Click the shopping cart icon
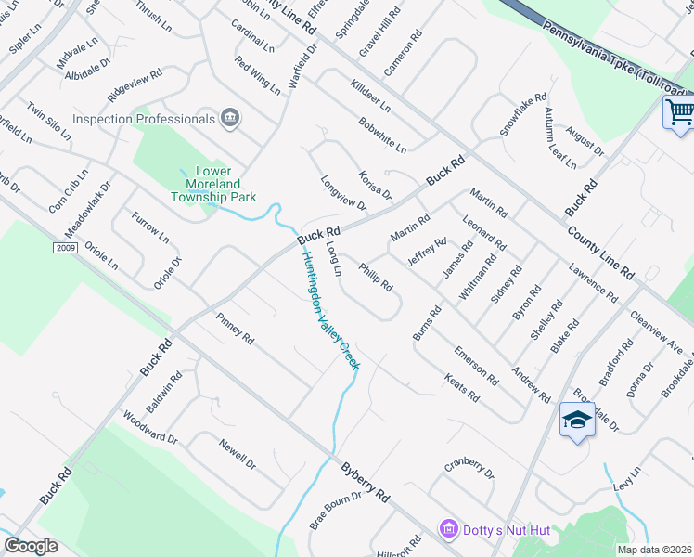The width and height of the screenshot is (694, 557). tap(680, 112)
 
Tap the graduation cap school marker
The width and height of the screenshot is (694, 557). tap(576, 420)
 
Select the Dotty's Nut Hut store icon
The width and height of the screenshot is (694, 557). tap(450, 530)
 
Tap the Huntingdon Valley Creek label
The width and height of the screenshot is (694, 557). tap(328, 311)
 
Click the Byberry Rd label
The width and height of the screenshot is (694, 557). tap(365, 482)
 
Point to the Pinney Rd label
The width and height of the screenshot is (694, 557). tap(235, 329)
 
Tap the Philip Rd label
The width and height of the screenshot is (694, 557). tap(377, 276)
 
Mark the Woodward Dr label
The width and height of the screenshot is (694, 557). tap(148, 425)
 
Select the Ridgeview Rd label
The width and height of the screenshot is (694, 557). tap(135, 84)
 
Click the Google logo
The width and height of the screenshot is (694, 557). tap(31, 546)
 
